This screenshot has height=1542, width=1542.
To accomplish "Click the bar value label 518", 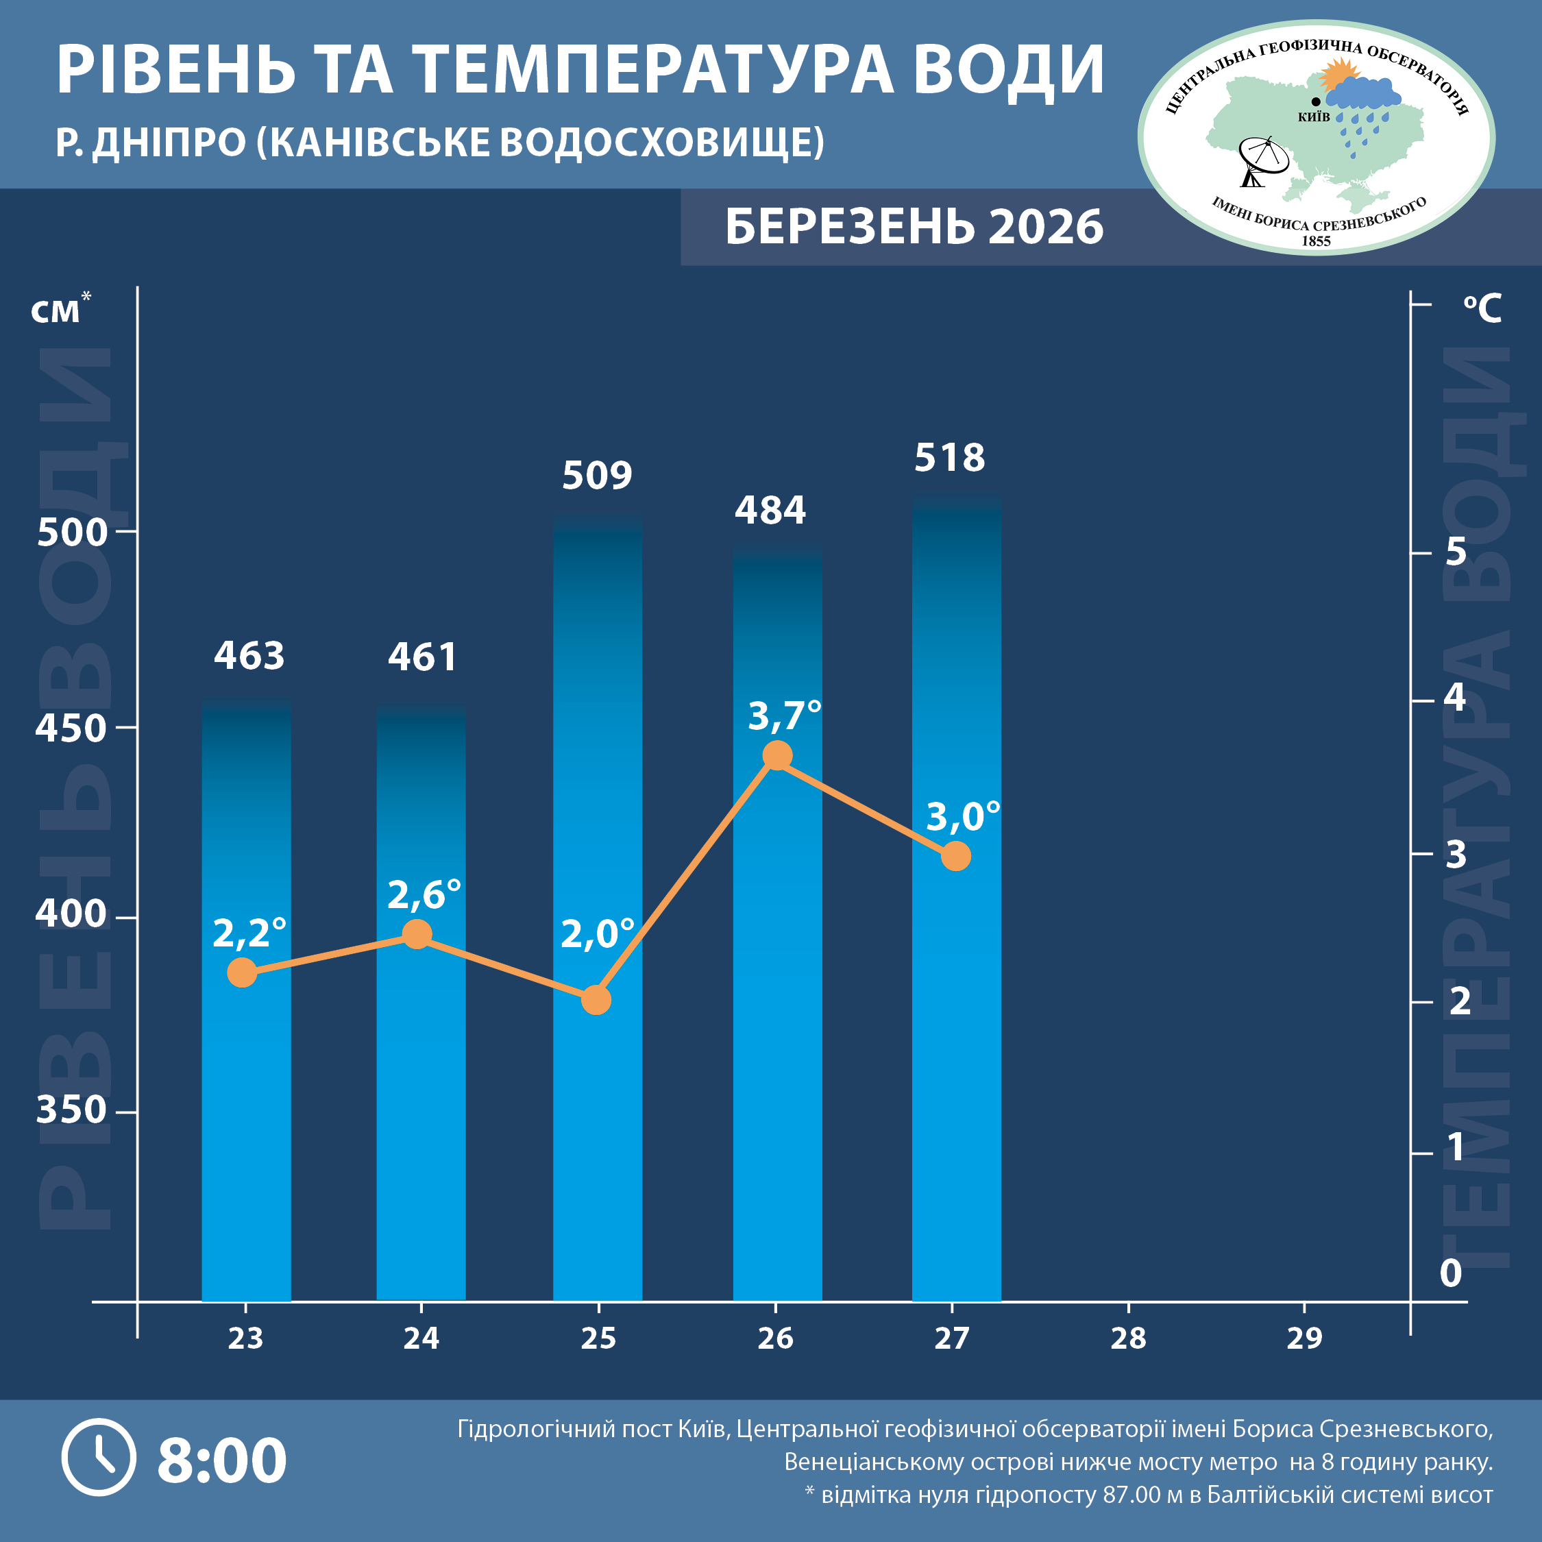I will (x=949, y=458).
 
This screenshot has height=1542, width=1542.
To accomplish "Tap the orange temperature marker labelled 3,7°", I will (x=776, y=755).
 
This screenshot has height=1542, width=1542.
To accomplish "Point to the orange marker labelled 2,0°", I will (x=596, y=999).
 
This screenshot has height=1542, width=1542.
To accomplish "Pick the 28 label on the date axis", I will (x=1128, y=1338).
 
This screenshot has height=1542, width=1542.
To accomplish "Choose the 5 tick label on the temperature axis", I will (x=1456, y=552).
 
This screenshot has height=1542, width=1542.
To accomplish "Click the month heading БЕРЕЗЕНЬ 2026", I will (x=914, y=227).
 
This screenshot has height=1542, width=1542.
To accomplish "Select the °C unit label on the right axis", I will (x=1482, y=308).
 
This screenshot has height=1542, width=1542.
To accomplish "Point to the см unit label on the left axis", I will (x=56, y=311).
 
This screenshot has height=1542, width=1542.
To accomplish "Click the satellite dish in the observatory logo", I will (x=1262, y=160).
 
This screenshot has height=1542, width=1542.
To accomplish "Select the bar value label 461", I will (x=422, y=657).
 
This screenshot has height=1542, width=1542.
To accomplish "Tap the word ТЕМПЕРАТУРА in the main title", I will (x=654, y=70).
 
